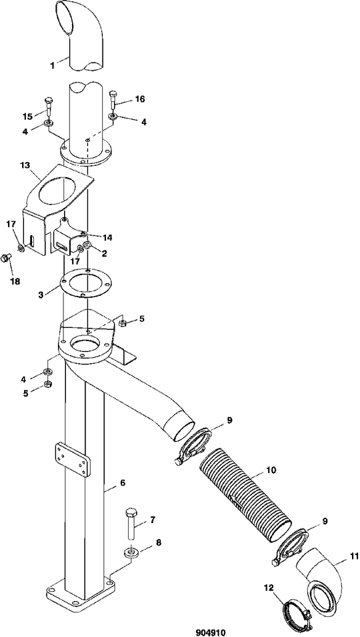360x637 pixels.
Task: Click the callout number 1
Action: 53,65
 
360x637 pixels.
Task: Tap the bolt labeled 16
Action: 113,98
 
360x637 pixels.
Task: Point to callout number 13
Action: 25,166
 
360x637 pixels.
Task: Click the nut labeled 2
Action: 87,245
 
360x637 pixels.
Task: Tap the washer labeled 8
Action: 131,552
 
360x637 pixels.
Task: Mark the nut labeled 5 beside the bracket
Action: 122,323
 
